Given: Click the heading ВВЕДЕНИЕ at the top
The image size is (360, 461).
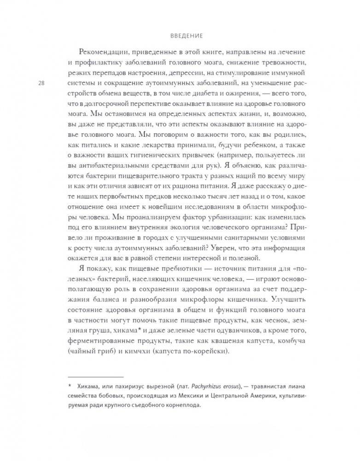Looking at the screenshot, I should click(x=180, y=35).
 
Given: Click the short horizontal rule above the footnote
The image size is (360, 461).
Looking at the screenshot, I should click(x=95, y=376).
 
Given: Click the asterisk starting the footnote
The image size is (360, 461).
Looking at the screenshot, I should click(x=69, y=387).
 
